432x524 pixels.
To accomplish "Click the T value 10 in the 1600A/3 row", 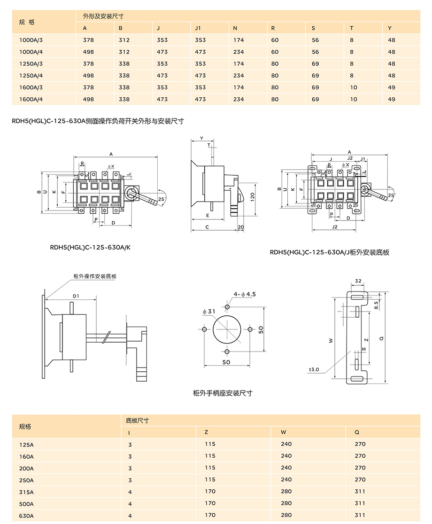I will (x=353, y=87).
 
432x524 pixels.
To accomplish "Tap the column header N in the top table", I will (x=235, y=28).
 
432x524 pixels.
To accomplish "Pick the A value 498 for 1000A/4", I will (x=88, y=52).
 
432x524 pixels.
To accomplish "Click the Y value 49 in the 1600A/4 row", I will (x=392, y=99).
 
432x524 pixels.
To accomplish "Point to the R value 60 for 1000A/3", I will (x=275, y=40).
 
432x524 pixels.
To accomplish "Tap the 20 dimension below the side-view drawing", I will (x=241, y=227).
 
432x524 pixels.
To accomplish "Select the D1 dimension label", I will (x=76, y=296).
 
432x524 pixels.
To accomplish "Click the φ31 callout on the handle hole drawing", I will (x=208, y=312).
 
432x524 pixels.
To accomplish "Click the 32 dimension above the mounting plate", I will (x=358, y=281).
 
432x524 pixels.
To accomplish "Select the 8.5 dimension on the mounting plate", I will (x=376, y=305).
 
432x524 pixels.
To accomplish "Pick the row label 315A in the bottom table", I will (x=26, y=492).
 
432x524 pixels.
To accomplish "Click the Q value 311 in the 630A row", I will (x=360, y=515).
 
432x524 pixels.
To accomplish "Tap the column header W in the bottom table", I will (x=283, y=432).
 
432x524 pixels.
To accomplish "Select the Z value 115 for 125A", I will (x=210, y=444).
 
